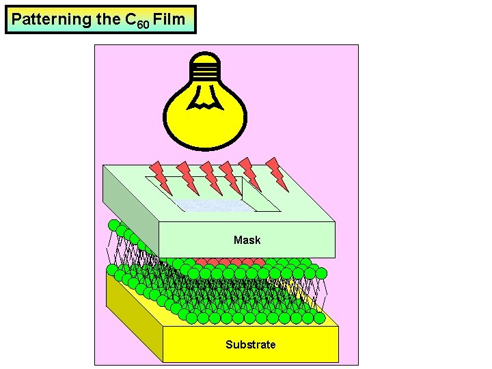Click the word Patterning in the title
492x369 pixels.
tap(51, 20)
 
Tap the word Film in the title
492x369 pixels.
tap(169, 19)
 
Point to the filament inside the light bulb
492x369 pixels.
tap(206, 99)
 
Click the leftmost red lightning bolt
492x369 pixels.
tap(162, 176)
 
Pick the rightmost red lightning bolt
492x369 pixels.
tap(277, 173)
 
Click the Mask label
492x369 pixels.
tap(247, 240)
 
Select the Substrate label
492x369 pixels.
tap(250, 344)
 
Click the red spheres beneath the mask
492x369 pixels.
tap(232, 262)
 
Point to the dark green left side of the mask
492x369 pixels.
tap(130, 205)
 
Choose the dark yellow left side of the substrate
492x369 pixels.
tap(133, 314)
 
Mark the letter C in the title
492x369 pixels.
tap(130, 19)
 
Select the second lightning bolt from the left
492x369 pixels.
tap(186, 177)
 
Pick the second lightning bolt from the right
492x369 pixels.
tap(250, 174)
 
